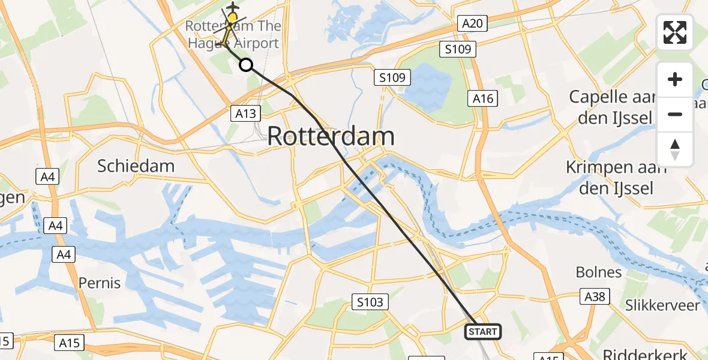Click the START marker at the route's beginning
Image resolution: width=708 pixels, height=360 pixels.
[x=483, y=332]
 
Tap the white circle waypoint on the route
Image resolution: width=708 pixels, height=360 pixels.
[x=246, y=65]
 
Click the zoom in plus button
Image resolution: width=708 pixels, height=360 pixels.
[x=675, y=80]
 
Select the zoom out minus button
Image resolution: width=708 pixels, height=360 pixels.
[x=675, y=114]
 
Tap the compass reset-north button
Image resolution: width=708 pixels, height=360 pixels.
[x=675, y=149]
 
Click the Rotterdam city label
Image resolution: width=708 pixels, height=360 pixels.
[x=331, y=136]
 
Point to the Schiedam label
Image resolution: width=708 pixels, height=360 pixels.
[x=136, y=166]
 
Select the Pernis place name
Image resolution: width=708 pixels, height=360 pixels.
[x=100, y=283]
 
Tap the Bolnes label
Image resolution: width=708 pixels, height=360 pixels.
[x=598, y=272]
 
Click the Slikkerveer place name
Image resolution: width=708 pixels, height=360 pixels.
[x=662, y=305]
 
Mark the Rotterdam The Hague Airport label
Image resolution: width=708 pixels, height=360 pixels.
[x=232, y=35]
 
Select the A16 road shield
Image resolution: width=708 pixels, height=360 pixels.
[x=483, y=98]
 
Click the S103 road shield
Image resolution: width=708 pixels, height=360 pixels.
[x=369, y=302]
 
